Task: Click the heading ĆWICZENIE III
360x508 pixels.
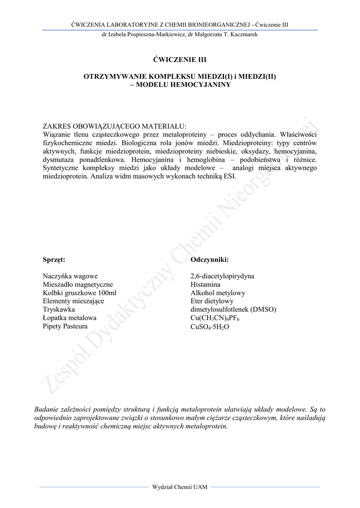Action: [180, 60]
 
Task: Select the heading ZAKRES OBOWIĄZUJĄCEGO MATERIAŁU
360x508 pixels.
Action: [115, 126]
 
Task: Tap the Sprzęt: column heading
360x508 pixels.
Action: [54, 259]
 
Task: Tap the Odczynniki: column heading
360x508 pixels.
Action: [209, 259]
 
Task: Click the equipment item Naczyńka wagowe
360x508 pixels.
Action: [71, 276]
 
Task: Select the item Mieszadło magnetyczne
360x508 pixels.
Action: [78, 285]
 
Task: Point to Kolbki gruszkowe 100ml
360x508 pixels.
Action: [79, 293]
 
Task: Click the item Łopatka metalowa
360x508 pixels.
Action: [70, 318]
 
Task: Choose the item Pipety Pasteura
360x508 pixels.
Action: [65, 326]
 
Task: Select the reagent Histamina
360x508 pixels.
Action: [205, 285]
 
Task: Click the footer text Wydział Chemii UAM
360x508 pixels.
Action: [180, 487]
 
